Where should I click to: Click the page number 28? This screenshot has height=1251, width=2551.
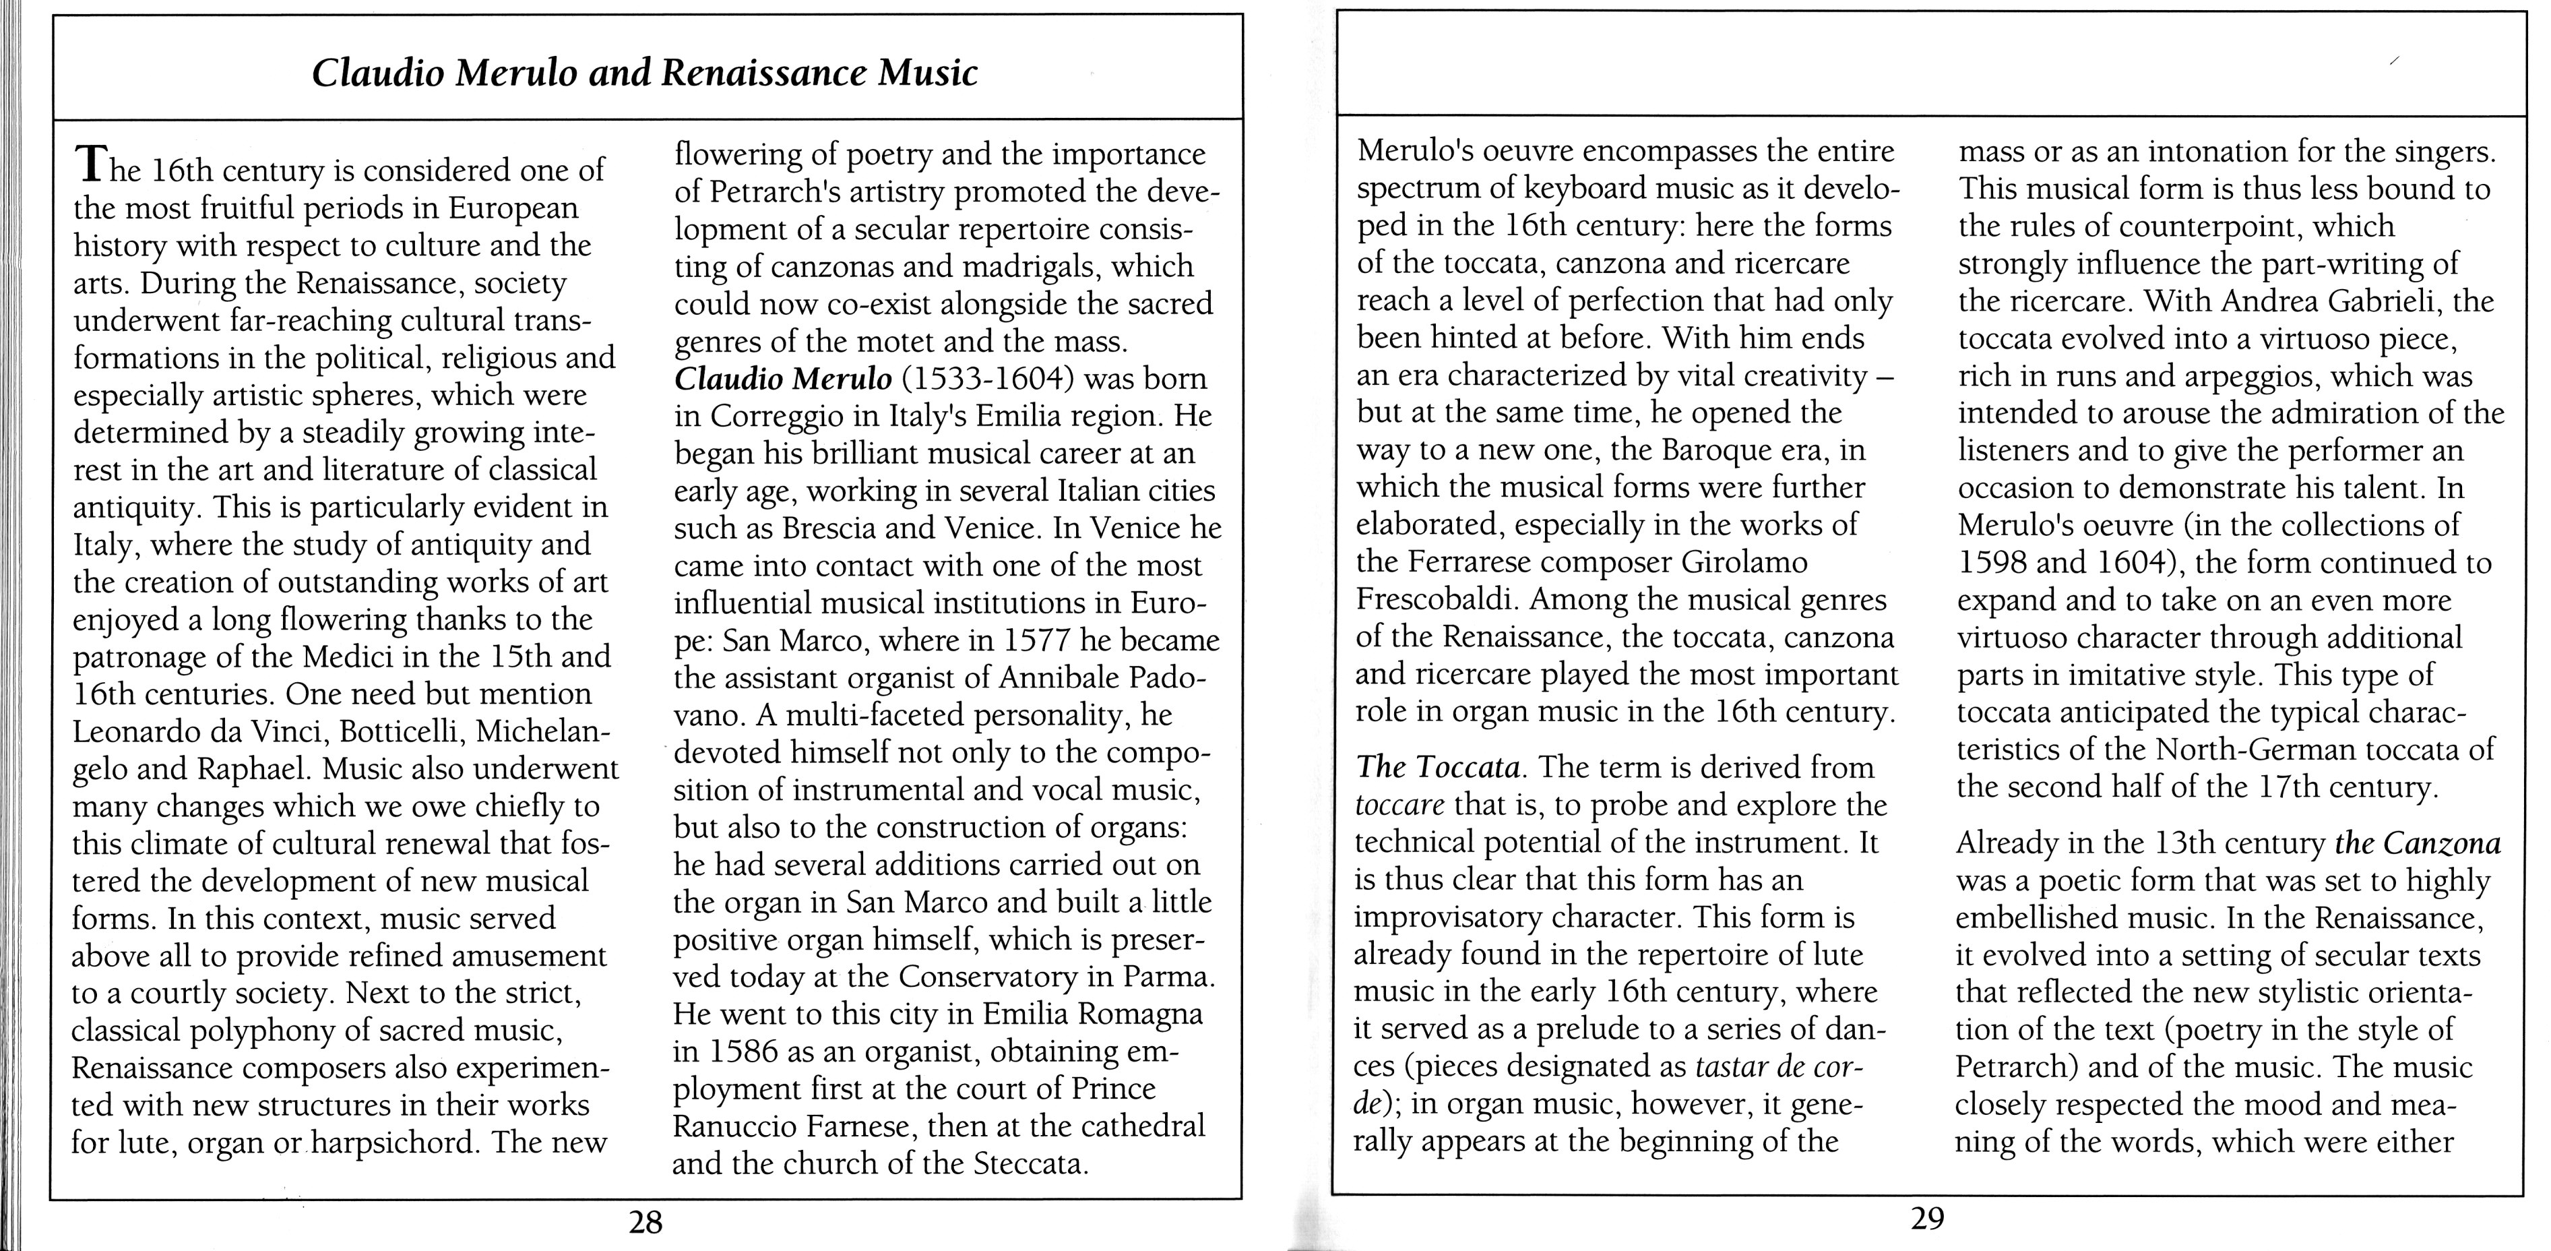[645, 1223]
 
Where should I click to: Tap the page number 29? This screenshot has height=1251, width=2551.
[1927, 1217]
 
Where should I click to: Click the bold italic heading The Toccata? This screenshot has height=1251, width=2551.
[1438, 768]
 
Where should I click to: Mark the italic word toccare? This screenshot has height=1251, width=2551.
[1400, 805]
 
